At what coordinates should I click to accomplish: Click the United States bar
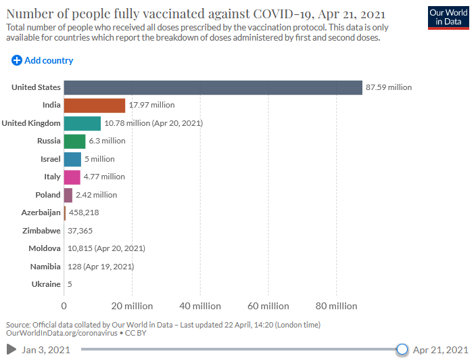tap(213, 87)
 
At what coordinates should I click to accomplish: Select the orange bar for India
tap(95, 105)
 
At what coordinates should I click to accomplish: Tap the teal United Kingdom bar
tap(82, 123)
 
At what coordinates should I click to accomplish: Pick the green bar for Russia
tap(74, 141)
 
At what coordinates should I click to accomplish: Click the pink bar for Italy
tap(72, 177)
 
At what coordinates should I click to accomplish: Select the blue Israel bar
tap(72, 159)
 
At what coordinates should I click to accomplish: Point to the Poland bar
tap(68, 195)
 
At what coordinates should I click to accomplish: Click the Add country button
tap(43, 61)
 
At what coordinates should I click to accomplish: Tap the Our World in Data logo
tap(448, 18)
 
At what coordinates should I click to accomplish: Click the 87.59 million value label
tap(388, 87)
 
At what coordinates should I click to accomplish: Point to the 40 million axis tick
tap(200, 307)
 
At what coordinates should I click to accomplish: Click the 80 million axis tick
tap(336, 307)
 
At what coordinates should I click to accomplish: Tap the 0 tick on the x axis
tap(64, 307)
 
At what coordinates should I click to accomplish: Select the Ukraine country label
tap(45, 284)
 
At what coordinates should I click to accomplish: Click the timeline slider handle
tap(402, 349)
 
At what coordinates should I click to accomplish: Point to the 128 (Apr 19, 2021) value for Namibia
tap(101, 267)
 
